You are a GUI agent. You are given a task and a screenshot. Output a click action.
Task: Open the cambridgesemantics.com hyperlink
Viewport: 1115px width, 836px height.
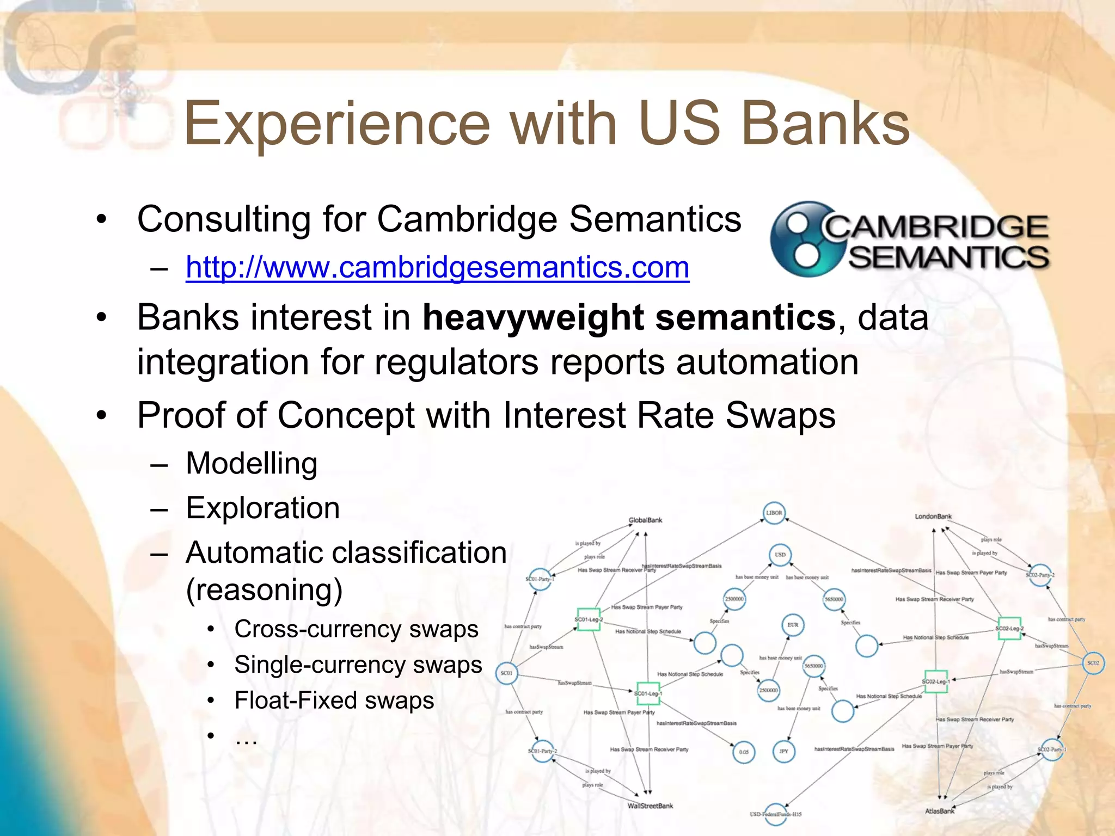click(437, 267)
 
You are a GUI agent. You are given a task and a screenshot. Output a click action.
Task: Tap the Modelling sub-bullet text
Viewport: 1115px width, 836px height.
click(252, 464)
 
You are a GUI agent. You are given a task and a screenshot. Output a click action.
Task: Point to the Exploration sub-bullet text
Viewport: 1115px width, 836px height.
click(262, 508)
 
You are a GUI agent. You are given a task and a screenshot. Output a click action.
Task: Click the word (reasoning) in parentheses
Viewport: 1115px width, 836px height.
click(264, 590)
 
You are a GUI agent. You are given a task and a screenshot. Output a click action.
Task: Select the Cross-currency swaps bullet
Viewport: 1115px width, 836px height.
click(356, 629)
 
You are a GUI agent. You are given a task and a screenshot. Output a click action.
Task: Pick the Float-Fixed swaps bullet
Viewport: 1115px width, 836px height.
click(334, 700)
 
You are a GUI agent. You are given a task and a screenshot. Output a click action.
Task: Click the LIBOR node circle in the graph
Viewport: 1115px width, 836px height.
click(774, 513)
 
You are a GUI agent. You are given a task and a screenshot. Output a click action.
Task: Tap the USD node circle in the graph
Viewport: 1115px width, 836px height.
click(780, 555)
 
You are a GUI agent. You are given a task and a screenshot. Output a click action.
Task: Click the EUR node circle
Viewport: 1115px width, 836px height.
click(793, 625)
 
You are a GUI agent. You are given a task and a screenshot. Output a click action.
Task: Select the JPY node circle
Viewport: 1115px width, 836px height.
click(783, 752)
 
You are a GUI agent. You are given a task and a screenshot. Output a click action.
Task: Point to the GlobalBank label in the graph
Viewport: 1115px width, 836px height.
click(645, 520)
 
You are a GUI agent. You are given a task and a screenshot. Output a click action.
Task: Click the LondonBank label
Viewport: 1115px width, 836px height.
click(933, 517)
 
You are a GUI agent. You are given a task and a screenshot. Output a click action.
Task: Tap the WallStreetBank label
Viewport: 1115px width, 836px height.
click(650, 806)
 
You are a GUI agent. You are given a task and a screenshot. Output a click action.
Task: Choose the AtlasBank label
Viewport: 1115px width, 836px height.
click(940, 811)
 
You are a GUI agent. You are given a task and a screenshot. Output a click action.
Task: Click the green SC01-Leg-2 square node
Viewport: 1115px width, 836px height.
click(589, 619)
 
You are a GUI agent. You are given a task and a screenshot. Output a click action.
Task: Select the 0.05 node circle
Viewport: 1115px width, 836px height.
click(744, 752)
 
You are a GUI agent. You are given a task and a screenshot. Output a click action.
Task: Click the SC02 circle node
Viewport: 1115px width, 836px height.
click(1093, 663)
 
